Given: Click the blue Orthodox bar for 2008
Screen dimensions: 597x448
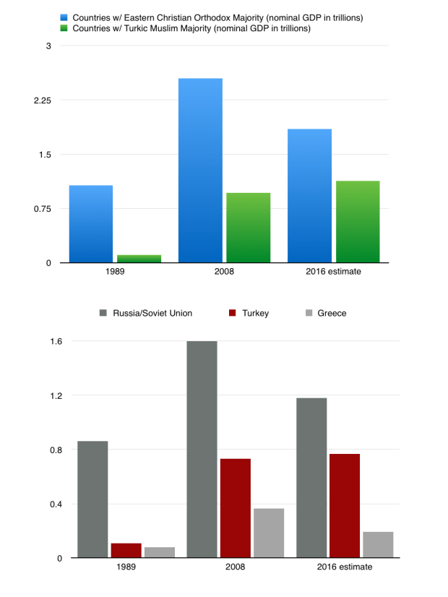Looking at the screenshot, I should pyautogui.click(x=200, y=170).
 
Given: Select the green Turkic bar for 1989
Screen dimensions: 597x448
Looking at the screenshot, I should pyautogui.click(x=139, y=258).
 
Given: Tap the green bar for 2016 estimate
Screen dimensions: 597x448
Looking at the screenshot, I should pyautogui.click(x=358, y=221).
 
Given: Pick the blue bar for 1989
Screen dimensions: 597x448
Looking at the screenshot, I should pyautogui.click(x=90, y=224).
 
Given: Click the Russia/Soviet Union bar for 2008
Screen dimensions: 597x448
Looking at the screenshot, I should pyautogui.click(x=202, y=449).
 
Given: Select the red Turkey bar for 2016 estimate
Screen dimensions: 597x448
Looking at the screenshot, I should pyautogui.click(x=345, y=505).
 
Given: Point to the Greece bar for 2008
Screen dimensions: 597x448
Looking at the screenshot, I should pyautogui.click(x=268, y=533).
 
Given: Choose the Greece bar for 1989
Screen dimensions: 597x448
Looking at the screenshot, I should pyautogui.click(x=159, y=552).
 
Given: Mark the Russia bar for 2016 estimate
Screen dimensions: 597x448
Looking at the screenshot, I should pyautogui.click(x=311, y=477).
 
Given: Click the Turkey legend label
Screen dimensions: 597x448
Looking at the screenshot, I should pyautogui.click(x=254, y=313).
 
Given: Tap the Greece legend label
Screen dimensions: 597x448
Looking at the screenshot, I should pyautogui.click(x=332, y=313).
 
